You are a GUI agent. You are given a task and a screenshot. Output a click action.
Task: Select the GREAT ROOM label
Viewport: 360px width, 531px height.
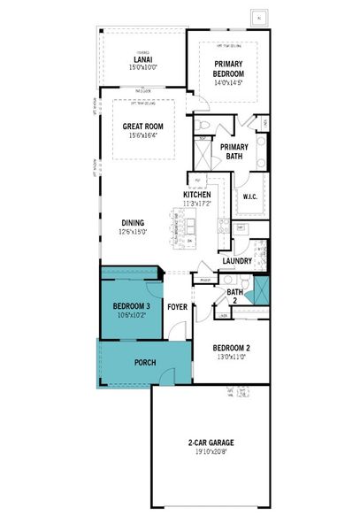click(x=144, y=126)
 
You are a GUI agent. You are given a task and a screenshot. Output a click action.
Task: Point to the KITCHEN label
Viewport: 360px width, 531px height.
click(x=196, y=195)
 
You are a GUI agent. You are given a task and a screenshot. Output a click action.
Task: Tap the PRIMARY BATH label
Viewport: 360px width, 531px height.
click(x=234, y=152)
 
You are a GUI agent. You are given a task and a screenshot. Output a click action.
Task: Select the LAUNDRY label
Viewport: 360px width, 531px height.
click(x=237, y=261)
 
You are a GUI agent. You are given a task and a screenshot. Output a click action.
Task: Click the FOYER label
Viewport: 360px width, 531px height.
click(x=178, y=307)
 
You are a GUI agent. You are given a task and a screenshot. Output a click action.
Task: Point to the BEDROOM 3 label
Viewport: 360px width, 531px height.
click(x=130, y=306)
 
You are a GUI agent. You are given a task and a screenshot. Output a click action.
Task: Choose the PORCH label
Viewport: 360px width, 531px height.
click(x=145, y=363)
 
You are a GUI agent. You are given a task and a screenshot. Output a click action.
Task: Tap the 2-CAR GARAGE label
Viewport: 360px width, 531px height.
click(x=216, y=442)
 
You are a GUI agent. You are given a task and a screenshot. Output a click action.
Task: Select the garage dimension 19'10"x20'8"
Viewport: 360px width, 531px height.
click(x=216, y=453)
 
